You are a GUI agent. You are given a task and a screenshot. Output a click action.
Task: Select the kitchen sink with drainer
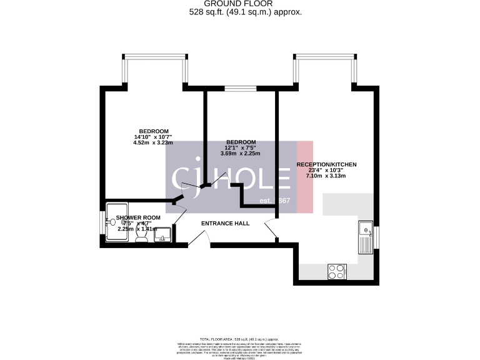click(365, 237)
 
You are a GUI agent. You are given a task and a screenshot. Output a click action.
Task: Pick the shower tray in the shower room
click(117, 220)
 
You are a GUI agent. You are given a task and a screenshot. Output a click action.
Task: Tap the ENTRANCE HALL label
click(225, 223)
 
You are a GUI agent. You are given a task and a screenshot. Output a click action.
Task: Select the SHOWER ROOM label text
click(138, 217)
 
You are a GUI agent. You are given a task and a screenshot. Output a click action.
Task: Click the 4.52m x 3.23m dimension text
click(152, 142)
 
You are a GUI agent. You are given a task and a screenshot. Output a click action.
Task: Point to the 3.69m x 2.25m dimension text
click(240, 153)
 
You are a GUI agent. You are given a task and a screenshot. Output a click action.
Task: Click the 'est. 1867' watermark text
click(275, 201)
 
